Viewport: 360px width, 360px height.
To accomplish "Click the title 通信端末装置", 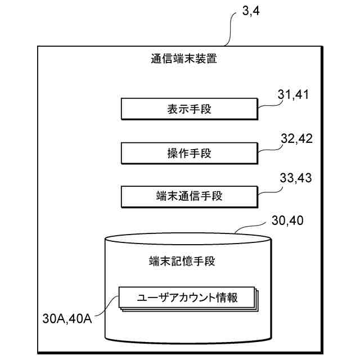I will [x=183, y=58].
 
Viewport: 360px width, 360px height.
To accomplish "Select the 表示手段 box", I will [x=189, y=109].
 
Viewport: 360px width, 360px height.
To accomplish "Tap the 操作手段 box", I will [x=189, y=153].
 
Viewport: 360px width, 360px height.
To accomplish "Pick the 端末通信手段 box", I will [x=189, y=196].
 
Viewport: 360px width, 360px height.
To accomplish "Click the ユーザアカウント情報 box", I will [x=187, y=298].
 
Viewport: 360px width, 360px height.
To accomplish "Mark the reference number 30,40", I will [x=287, y=220].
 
